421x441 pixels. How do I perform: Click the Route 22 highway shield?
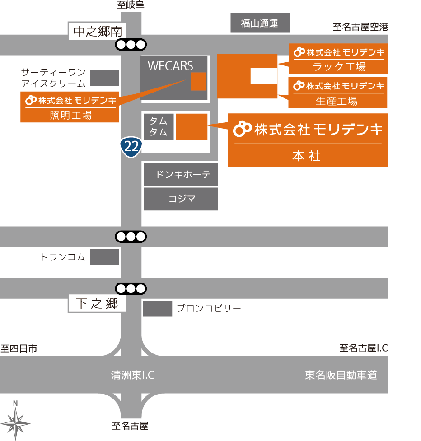click(131, 146)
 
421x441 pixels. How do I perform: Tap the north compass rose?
click(16, 422)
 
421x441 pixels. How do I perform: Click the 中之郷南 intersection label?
click(98, 31)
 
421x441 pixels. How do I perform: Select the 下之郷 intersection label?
click(97, 304)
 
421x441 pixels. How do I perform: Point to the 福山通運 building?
click(260, 23)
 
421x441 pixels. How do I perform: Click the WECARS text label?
click(170, 66)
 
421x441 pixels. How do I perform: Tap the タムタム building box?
click(159, 127)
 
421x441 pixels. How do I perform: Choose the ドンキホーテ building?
click(181, 175)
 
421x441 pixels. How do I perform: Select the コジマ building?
click(181, 199)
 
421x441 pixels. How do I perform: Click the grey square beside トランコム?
click(104, 257)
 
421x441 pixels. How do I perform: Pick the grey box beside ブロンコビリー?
click(158, 309)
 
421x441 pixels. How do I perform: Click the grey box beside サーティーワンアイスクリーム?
click(104, 78)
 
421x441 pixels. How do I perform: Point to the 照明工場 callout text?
click(70, 116)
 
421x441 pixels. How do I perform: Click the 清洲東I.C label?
click(133, 375)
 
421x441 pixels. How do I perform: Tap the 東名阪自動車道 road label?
click(341, 375)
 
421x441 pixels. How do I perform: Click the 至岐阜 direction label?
click(131, 5)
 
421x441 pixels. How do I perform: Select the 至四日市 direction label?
click(19, 348)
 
